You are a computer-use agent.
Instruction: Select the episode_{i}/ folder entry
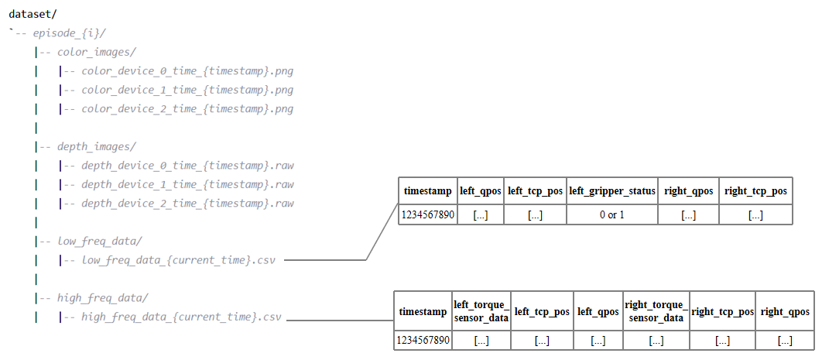point(69,33)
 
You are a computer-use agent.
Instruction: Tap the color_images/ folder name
point(97,52)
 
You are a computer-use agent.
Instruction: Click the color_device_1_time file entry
point(187,90)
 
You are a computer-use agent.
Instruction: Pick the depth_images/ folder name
point(97,146)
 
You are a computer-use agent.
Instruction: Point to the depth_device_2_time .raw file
point(187,204)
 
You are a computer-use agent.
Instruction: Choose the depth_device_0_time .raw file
point(187,166)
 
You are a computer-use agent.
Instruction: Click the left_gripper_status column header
point(612,190)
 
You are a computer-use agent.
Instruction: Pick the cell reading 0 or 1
point(612,214)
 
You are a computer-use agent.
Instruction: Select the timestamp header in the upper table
point(428,190)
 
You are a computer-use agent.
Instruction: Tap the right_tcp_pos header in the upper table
point(755,190)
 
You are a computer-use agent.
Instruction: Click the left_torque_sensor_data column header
point(481,311)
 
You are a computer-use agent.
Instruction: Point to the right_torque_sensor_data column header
point(656,311)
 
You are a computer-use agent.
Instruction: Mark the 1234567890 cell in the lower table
point(423,340)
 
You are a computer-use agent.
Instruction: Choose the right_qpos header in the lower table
point(784,311)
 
